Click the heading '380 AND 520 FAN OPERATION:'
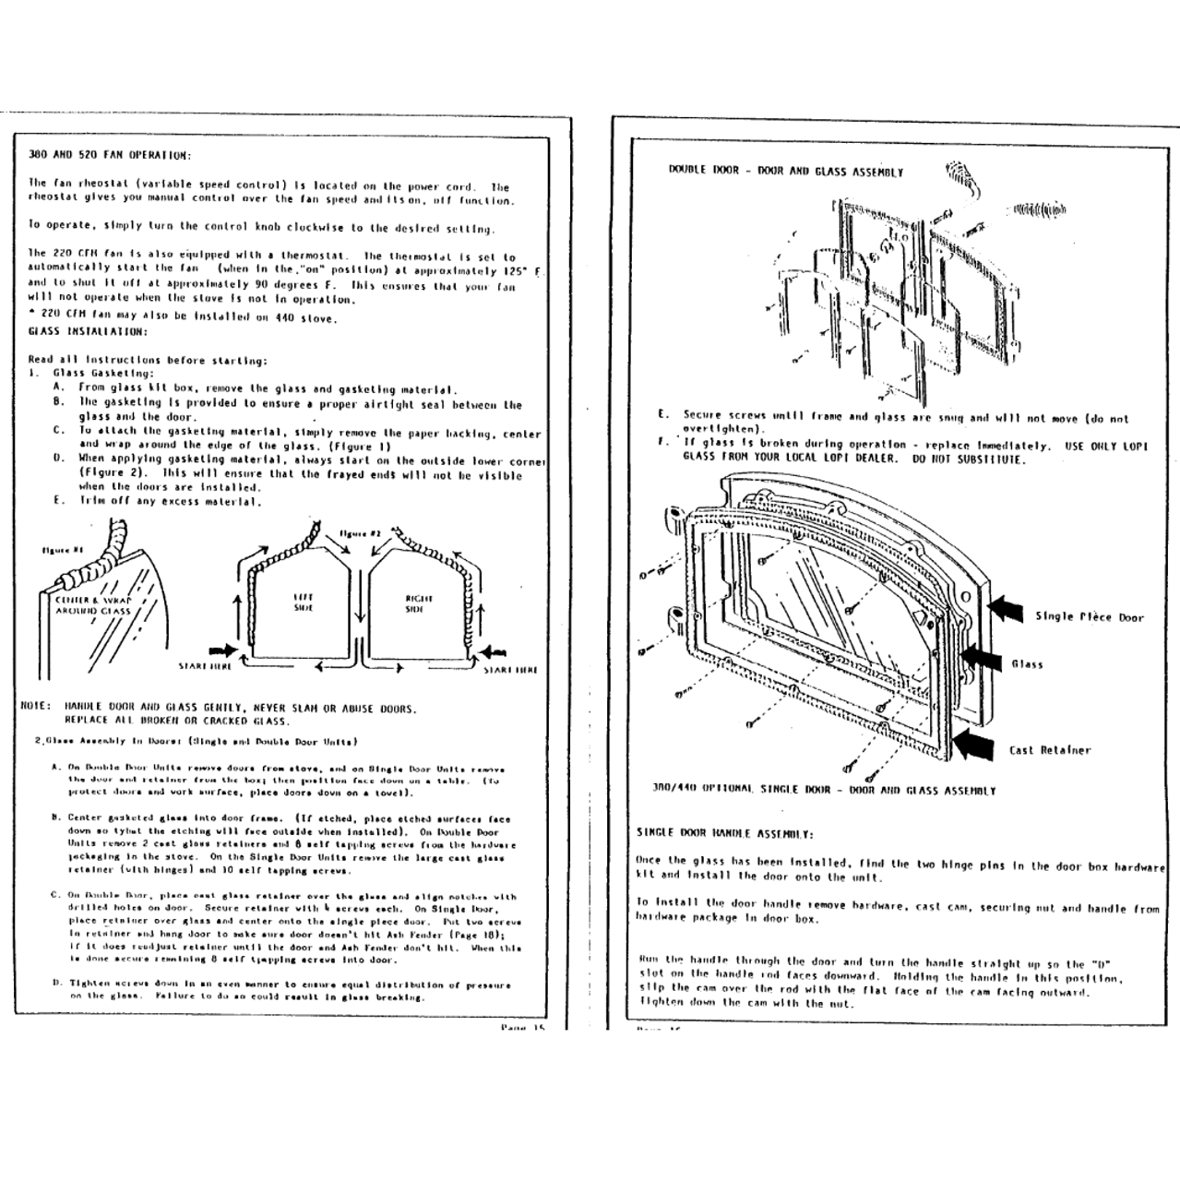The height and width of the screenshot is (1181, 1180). pyautogui.click(x=110, y=155)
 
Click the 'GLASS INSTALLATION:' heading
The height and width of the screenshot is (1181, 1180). pyautogui.click(x=88, y=331)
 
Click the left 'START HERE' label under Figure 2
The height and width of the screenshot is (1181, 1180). pyautogui.click(x=205, y=665)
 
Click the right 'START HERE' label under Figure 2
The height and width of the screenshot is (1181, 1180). pyautogui.click(x=510, y=670)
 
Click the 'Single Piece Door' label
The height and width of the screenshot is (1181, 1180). pyautogui.click(x=1089, y=617)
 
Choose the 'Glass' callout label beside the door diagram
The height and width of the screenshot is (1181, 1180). pyautogui.click(x=1027, y=664)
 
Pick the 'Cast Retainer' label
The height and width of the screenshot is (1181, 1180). pyautogui.click(x=1049, y=750)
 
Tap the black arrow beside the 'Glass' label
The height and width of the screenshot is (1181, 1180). pyautogui.click(x=981, y=657)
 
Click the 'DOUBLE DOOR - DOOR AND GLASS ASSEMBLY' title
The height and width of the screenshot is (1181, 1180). pyautogui.click(x=786, y=172)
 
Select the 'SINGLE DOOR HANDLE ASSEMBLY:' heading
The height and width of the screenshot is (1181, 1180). pyautogui.click(x=724, y=832)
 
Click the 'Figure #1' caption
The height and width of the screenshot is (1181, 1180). pyautogui.click(x=63, y=551)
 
